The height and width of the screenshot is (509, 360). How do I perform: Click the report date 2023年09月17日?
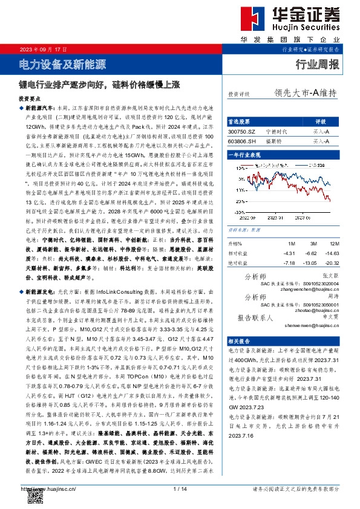coord(39,48)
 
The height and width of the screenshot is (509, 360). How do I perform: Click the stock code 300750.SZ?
coord(242,131)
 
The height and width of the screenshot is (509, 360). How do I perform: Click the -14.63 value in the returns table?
coord(330,236)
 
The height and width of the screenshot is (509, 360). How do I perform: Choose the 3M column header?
coord(310,227)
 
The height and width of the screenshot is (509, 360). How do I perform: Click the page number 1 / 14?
coord(180,488)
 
